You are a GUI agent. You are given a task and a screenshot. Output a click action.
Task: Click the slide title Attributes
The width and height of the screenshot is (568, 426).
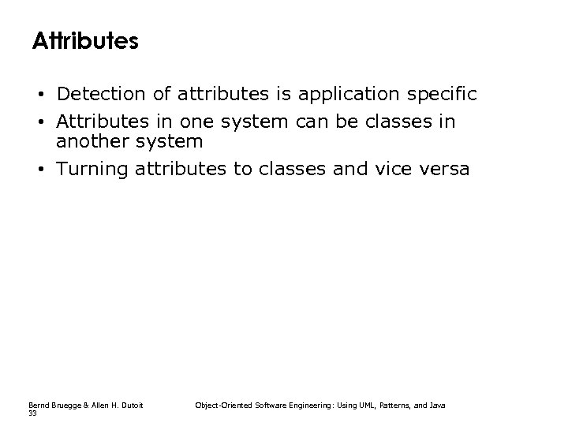[85, 41]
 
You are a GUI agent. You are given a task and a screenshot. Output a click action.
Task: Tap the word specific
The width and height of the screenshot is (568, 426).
[446, 95]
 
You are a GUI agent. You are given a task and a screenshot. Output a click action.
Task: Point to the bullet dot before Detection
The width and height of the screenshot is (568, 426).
[39, 95]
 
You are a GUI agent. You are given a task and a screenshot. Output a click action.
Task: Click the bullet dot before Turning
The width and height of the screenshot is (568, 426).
[39, 170]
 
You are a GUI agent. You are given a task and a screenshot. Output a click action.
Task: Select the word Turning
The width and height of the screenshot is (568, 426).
[92, 169]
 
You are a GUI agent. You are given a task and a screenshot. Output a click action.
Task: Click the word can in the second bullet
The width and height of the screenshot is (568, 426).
[313, 123]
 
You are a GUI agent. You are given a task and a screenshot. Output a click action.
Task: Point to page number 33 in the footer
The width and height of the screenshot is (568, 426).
[32, 412]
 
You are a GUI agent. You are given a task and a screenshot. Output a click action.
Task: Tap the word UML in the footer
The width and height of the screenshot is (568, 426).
[362, 405]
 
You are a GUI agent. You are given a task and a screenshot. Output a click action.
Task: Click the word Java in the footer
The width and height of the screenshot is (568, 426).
[438, 405]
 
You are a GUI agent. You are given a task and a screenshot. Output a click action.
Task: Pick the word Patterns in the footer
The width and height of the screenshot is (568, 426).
[394, 405]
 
